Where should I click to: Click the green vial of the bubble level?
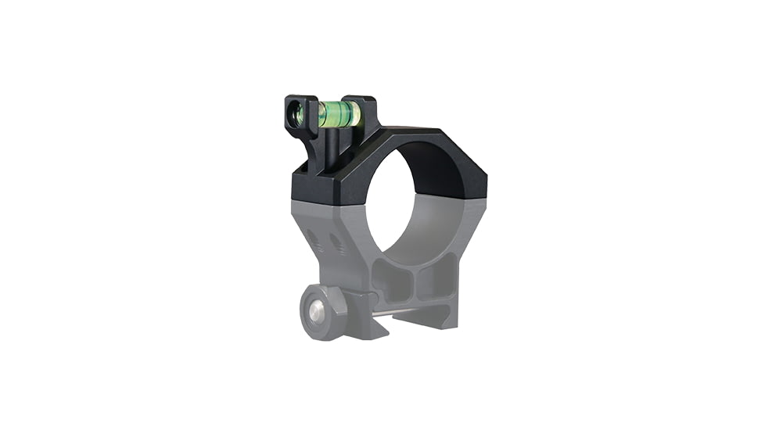pyautogui.click(x=339, y=114)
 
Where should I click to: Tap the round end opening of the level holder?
pyautogui.click(x=296, y=114)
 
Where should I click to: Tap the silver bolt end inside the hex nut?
pyautogui.click(x=314, y=312)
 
